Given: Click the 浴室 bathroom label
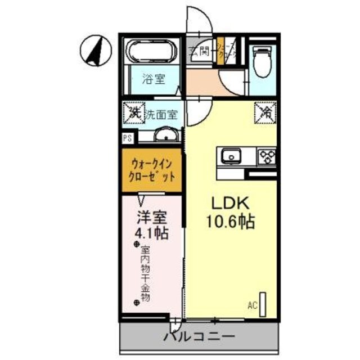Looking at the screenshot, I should tap(153, 79).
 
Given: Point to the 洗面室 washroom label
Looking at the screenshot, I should tap(162, 114).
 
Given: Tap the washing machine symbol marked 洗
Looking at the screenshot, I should tap(134, 111).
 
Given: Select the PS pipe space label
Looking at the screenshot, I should tap(128, 138).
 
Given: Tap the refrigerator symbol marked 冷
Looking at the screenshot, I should tap(265, 112).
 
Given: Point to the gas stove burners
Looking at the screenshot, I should tap(266, 155).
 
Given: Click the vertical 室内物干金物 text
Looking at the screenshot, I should tap(145, 274).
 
